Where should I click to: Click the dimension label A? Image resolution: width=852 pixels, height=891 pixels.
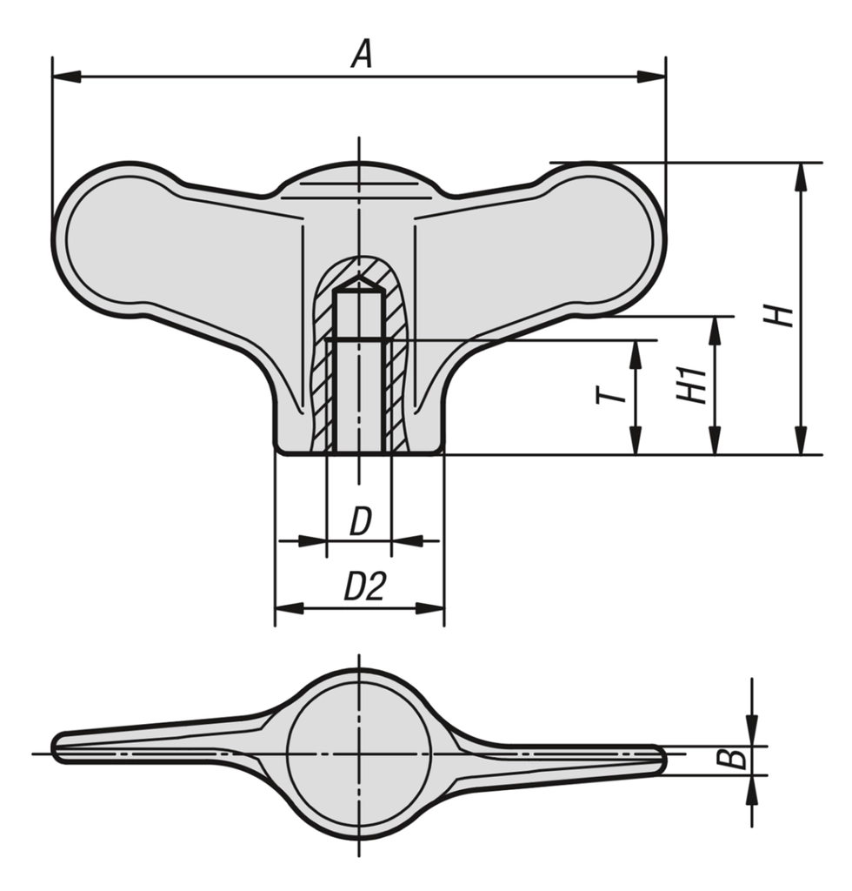[x=362, y=55]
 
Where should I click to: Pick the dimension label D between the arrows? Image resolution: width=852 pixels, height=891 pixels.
[x=360, y=522]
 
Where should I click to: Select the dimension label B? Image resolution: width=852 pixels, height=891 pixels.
[x=736, y=758]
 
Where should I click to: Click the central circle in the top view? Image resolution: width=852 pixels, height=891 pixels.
[x=359, y=754]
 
